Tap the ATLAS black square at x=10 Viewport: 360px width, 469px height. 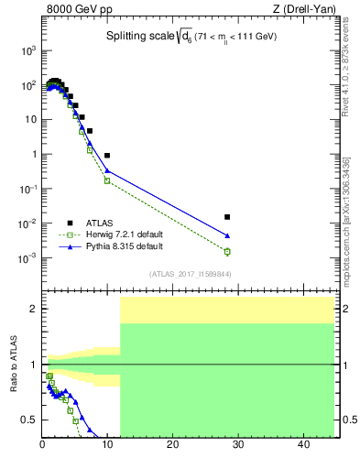107,156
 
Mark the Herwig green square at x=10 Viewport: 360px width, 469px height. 107,180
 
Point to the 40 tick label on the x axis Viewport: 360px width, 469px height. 302,446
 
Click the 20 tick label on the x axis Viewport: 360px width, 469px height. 172,446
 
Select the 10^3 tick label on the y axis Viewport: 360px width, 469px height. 27,50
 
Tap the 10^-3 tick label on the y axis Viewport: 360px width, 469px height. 27,259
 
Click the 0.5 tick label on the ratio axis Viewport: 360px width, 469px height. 29,420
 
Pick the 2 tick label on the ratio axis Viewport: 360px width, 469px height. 34,309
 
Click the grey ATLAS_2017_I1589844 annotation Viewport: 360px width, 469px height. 191,274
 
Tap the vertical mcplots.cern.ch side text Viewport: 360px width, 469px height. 349,229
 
